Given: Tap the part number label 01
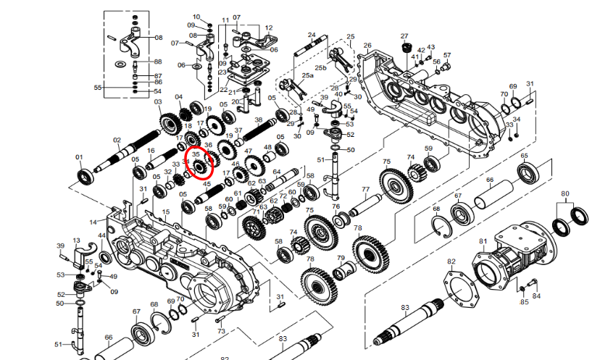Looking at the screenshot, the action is pyautogui.click(x=79, y=157).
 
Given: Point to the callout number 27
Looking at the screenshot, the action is pyautogui.click(x=404, y=36).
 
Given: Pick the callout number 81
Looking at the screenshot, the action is pyautogui.click(x=483, y=241).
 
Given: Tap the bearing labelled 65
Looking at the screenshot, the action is pyautogui.click(x=528, y=174).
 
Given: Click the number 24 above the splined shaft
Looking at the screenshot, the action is pyautogui.click(x=312, y=35).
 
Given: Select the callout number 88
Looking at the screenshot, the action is pyautogui.click(x=158, y=62).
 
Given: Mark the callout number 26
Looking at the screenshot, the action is pyautogui.click(x=367, y=46).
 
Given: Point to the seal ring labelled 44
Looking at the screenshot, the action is pyautogui.click(x=106, y=258).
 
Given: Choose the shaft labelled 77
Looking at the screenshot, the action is pyautogui.click(x=365, y=206).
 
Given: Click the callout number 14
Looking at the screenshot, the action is pyautogui.click(x=93, y=222).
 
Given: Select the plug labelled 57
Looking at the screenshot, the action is pyautogui.click(x=445, y=68).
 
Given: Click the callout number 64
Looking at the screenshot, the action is pyautogui.click(x=277, y=172).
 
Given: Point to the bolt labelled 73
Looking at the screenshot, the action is pyautogui.click(x=221, y=319).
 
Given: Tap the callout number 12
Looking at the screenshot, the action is pyautogui.click(x=269, y=28).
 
